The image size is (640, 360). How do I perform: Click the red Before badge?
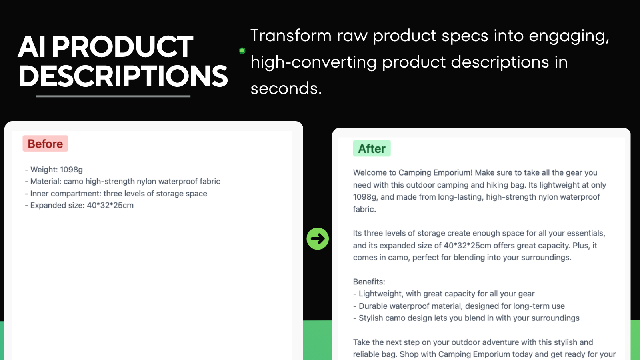(x=45, y=144)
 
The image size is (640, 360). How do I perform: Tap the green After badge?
(x=372, y=148)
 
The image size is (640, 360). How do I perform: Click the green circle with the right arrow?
(x=318, y=239)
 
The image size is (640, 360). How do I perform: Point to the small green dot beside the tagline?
(x=242, y=51)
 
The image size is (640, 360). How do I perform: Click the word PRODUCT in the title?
(x=122, y=47)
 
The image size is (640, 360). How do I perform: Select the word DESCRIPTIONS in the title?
(x=123, y=76)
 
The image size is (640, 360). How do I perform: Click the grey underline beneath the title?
(x=113, y=96)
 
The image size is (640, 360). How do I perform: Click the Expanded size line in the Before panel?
(x=80, y=205)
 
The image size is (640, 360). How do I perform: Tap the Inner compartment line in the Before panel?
(x=116, y=194)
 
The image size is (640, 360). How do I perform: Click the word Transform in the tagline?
(x=291, y=36)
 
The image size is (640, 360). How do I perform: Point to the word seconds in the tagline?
(x=286, y=88)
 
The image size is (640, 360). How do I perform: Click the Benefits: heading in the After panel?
(x=369, y=282)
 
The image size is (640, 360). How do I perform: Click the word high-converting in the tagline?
(x=314, y=62)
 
